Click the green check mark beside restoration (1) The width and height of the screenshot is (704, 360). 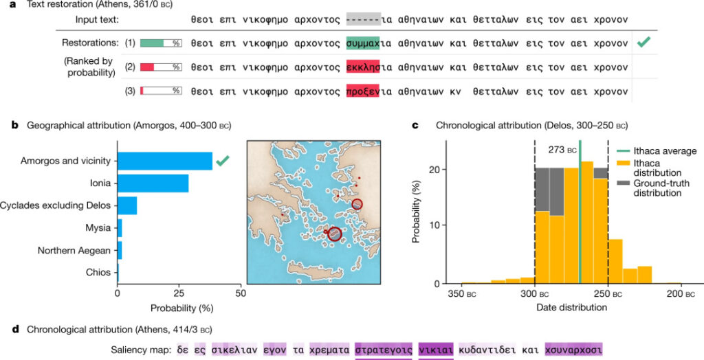coord(643,43)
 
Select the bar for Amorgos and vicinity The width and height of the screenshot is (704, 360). coord(165,161)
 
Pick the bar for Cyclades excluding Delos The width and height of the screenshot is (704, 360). coord(127,205)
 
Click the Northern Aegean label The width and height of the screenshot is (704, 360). coord(74,250)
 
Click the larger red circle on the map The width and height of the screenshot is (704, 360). coord(334,234)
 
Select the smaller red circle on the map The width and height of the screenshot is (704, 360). coord(357,204)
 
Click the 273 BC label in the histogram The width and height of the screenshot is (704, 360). coord(562,149)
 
